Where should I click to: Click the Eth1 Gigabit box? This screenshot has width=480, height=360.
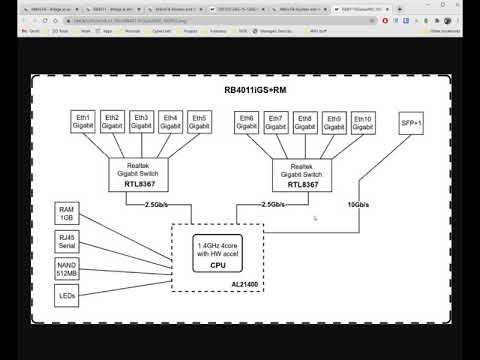(83, 121)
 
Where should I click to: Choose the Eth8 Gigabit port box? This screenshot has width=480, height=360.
(306, 121)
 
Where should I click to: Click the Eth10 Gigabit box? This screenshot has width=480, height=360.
(364, 121)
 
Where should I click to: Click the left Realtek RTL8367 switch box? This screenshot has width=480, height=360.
(141, 176)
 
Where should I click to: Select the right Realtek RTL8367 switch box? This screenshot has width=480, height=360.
(305, 176)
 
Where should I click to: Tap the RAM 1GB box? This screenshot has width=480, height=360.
(68, 213)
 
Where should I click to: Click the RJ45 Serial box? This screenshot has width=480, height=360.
(68, 241)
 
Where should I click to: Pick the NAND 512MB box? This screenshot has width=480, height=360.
(68, 268)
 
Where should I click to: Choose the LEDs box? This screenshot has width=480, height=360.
(68, 295)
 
